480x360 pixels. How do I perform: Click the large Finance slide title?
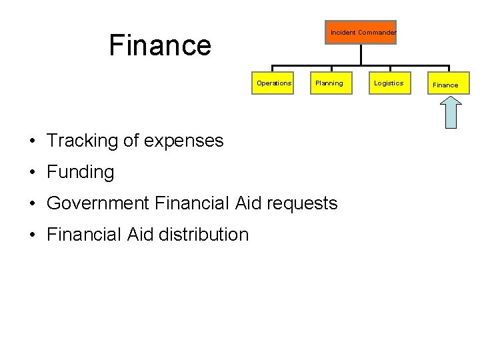pos(160,45)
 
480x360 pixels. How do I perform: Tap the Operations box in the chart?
pos(273,83)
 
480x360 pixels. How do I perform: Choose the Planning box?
pos(329,83)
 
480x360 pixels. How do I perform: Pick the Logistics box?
pos(388,83)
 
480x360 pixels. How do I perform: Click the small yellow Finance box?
pos(445,85)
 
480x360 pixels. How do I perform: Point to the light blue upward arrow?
pos(452,112)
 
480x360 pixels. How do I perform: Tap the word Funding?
pos(81,172)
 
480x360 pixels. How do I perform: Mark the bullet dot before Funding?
pos(32,173)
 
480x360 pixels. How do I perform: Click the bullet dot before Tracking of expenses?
pos(32,141)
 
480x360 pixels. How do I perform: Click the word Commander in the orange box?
pos(377,32)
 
